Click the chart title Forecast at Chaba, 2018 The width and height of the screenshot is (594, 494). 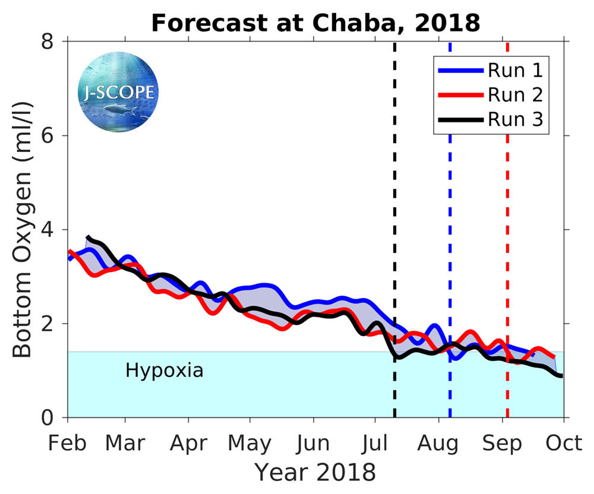click(315, 23)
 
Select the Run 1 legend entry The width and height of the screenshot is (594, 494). click(515, 71)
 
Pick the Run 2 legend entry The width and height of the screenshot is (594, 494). click(515, 95)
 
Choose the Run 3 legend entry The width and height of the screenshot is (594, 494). click(515, 119)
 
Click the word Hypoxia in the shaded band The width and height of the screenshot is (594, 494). click(165, 371)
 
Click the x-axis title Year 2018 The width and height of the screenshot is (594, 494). click(315, 473)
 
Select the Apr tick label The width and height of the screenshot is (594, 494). click(189, 444)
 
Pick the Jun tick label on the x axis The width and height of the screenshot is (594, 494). click(313, 444)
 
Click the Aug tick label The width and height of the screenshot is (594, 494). click(438, 444)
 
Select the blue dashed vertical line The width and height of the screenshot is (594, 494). click(450, 237)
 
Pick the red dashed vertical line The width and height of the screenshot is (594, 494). click(507, 237)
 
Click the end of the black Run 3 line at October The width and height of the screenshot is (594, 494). click(561, 375)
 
